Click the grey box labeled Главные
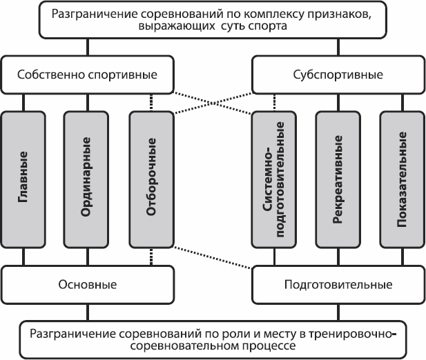pos(24,179)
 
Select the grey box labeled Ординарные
pos(88,179)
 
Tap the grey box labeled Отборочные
pos(151,179)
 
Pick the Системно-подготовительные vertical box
pos(274,179)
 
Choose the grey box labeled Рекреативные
pos(338,179)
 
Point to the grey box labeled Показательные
pos(402,179)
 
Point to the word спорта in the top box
pos(280,27)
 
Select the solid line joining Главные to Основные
pos(24,257)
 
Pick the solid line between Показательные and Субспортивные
pos(402,99)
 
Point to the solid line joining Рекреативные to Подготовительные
pos(338,257)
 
